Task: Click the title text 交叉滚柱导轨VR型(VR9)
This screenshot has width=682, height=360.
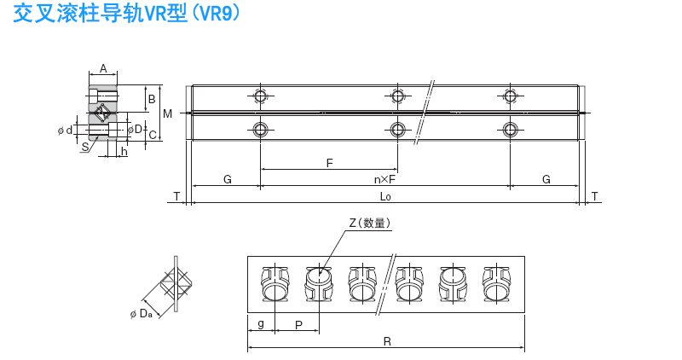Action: [126, 13]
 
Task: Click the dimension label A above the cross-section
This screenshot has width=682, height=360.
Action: [103, 68]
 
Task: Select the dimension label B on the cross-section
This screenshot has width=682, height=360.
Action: [152, 99]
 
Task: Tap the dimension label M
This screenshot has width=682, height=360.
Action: [167, 113]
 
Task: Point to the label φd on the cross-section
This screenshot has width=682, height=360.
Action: [66, 130]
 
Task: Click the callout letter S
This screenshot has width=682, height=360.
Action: [85, 147]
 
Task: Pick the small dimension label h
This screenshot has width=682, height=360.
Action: [124, 152]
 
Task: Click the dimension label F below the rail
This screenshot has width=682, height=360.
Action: [329, 163]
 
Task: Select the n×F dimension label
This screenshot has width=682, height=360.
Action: [385, 179]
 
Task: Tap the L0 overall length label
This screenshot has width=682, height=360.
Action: [385, 196]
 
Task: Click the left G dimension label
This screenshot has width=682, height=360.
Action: [228, 179]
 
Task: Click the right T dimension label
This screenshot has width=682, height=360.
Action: [594, 196]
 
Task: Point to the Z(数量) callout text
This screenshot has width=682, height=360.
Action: [370, 223]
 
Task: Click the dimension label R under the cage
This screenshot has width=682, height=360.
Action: [387, 342]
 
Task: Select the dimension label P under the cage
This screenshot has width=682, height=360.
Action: [298, 325]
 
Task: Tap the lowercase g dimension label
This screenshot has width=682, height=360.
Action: [261, 323]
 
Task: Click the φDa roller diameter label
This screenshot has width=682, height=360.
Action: [142, 313]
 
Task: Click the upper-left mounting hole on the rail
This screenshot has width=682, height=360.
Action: [260, 96]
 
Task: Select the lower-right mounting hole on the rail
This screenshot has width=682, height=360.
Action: [510, 130]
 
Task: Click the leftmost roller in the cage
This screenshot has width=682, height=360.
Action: [275, 283]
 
